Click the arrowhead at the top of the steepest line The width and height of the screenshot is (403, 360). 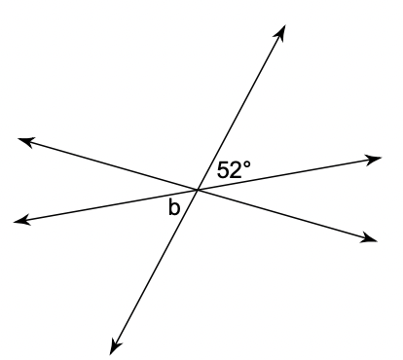(x=280, y=32)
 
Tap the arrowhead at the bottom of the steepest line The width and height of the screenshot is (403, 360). (x=114, y=347)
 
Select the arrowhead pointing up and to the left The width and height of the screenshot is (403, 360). (x=25, y=141)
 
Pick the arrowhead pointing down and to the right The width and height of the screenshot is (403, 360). (x=370, y=238)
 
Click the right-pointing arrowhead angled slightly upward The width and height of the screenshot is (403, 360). (x=373, y=160)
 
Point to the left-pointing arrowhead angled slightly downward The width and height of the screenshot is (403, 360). (x=21, y=220)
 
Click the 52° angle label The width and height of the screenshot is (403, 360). (x=234, y=169)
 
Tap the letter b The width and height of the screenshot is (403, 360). (x=174, y=207)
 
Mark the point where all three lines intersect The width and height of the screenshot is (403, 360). (x=197, y=190)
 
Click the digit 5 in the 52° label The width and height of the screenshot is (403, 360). (x=223, y=170)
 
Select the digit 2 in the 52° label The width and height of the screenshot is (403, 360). (x=236, y=169)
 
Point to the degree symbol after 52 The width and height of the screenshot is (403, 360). (x=247, y=164)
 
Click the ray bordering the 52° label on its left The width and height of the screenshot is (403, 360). (x=241, y=107)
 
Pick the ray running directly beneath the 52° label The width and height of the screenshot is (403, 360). (x=289, y=173)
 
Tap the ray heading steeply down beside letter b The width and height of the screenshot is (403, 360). (x=154, y=271)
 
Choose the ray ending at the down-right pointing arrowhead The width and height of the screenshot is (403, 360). (x=287, y=214)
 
